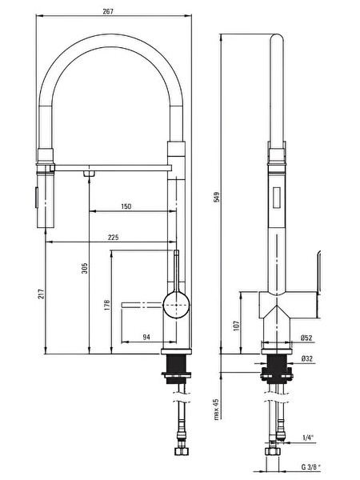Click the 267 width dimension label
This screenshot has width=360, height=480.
108,11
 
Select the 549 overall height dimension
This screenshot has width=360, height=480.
217,197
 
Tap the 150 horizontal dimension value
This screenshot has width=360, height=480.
126,206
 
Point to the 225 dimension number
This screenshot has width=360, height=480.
113,238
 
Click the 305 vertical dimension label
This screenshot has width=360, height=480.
85,268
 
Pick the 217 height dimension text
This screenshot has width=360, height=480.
42,294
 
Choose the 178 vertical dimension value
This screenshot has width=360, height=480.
107,306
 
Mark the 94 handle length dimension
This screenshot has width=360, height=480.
146,337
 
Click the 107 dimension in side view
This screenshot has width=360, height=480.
236,326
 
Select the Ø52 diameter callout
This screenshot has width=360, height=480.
306,338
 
